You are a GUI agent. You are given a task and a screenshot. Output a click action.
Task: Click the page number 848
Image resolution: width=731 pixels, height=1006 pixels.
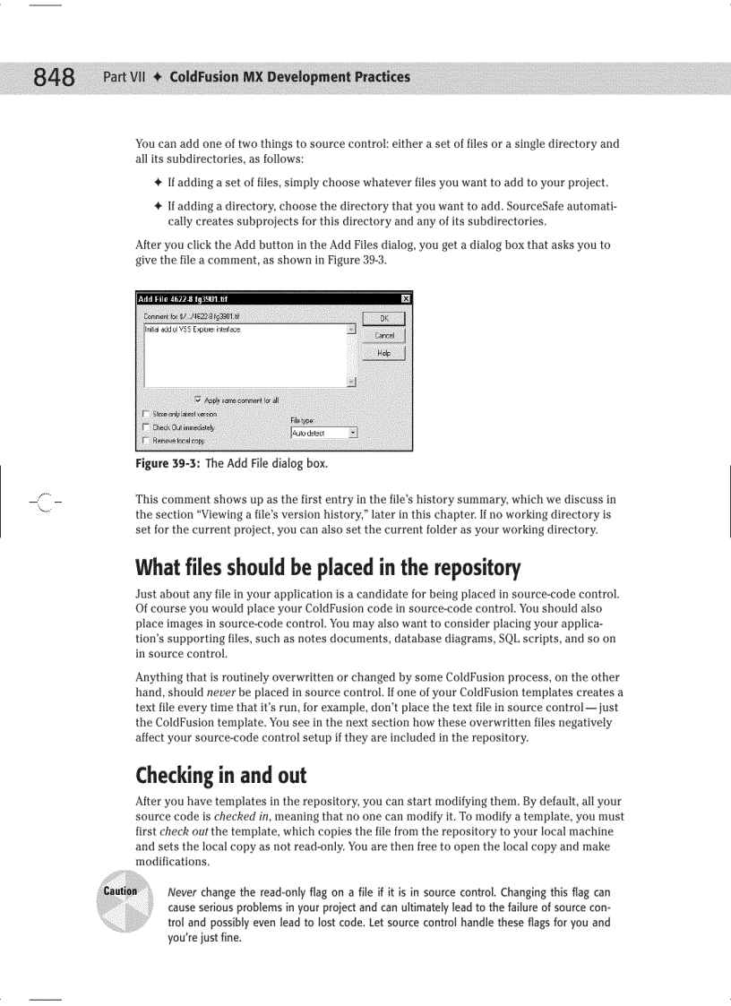pos(54,78)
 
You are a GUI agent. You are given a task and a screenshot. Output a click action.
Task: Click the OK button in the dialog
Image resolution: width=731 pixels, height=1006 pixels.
pos(383,318)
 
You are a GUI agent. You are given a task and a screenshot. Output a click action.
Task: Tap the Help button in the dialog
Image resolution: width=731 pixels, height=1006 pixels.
pos(383,353)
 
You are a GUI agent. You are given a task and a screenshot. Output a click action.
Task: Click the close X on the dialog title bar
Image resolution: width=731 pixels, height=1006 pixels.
pos(405,298)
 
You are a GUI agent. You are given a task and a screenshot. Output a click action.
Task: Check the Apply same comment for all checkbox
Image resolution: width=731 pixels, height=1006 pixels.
pos(197,400)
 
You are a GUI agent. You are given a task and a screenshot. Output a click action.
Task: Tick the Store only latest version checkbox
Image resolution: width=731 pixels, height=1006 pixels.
pos(146,414)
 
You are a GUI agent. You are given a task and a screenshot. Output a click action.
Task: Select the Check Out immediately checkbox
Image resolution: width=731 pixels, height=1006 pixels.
pos(146,427)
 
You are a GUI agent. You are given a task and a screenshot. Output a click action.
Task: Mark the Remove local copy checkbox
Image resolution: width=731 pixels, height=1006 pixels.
pos(146,441)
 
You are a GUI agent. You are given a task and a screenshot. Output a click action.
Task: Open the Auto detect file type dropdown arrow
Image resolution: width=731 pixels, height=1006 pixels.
pos(352,433)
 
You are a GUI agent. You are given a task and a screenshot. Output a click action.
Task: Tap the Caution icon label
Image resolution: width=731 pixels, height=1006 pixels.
pos(120,890)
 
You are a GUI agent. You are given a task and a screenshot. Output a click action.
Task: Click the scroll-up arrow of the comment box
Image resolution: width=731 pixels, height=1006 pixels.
pos(351,330)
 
